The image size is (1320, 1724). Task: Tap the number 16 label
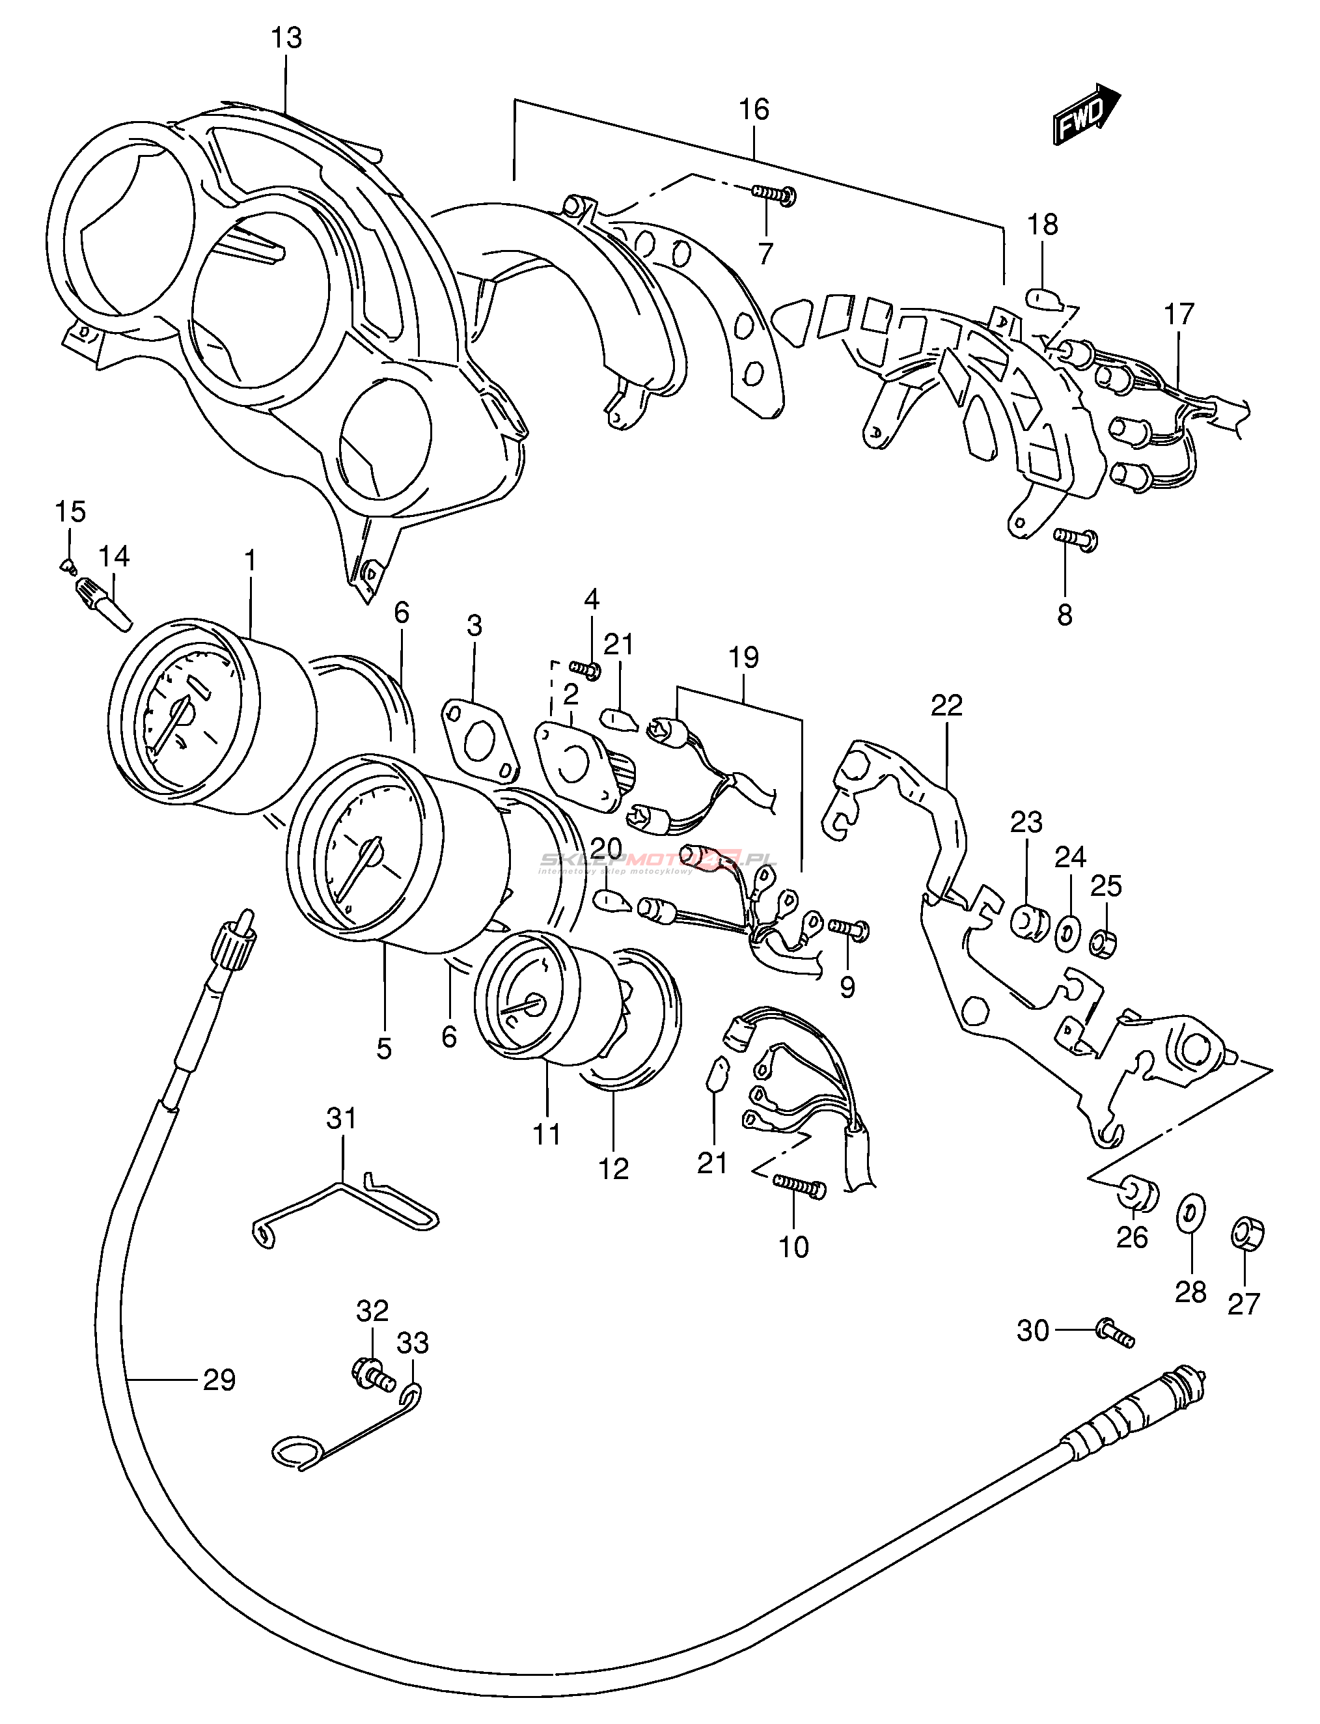(x=754, y=109)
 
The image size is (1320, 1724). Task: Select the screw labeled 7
(x=774, y=194)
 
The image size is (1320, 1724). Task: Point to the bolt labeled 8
(x=1076, y=538)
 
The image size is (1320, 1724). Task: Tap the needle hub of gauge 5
(x=369, y=851)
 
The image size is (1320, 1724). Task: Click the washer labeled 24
(x=1068, y=933)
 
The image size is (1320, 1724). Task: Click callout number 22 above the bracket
(x=946, y=705)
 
